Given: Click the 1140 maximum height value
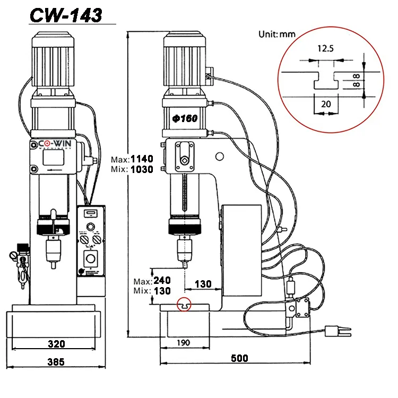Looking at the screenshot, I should pos(142,159).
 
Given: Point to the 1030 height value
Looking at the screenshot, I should pos(142,169).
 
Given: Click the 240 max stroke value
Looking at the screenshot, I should pos(161,281).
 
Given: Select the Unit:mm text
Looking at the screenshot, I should pos(276,34).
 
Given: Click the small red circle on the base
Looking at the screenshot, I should pos(184,306).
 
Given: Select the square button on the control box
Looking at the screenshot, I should pos(91,260).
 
